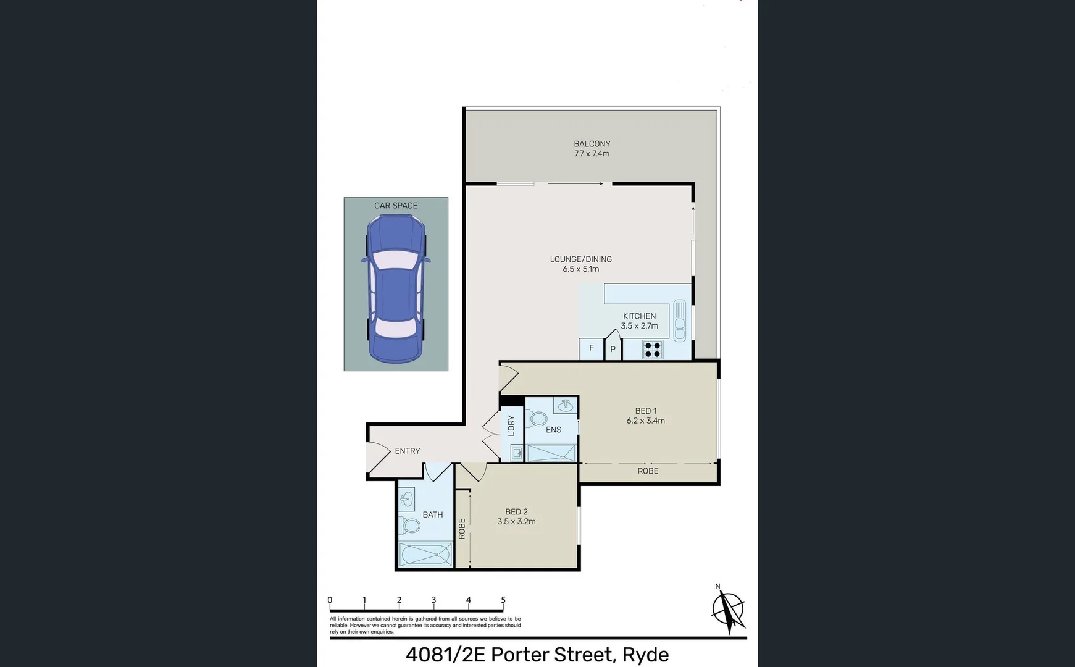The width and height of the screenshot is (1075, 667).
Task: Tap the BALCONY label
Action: point(592,143)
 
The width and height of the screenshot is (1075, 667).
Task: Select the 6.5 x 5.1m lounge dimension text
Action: point(580,269)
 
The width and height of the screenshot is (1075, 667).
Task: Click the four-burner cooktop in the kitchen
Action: point(653,350)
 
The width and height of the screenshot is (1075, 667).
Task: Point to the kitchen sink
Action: point(679,320)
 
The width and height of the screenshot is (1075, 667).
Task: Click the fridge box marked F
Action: point(591,349)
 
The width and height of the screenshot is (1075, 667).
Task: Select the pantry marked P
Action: point(613,349)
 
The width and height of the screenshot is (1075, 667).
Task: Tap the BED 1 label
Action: point(645,411)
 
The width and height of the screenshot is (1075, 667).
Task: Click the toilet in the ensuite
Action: point(536,419)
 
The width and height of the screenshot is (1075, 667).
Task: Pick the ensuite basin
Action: point(564,406)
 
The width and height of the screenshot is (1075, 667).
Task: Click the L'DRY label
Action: point(511,426)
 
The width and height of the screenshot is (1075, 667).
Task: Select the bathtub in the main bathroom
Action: point(425,555)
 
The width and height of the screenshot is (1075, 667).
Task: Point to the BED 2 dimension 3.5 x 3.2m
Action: point(516,522)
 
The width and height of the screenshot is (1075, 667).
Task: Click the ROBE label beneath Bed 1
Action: point(648,471)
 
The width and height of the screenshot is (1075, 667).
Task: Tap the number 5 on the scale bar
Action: point(503,600)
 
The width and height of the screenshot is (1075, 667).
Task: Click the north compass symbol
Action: point(729,610)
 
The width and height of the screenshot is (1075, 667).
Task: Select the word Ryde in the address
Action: point(645,655)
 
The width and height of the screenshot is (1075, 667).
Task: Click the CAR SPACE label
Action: point(396,206)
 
